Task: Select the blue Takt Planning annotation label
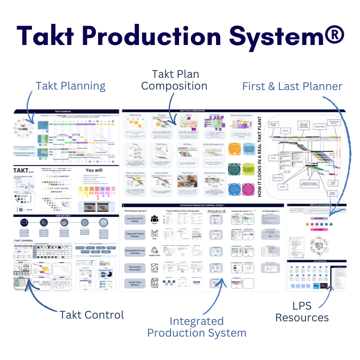pos(71,86)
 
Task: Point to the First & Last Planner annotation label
pos(292,86)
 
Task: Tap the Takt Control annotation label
pos(92,315)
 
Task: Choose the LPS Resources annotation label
pos(302,311)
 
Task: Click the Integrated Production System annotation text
pos(197,327)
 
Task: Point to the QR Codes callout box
pos(273,176)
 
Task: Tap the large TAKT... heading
pos(23,170)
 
